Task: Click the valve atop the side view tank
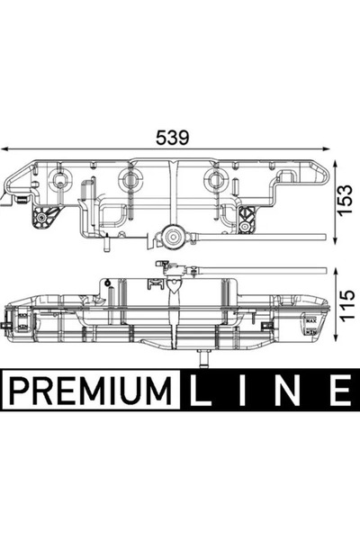(167, 266)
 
